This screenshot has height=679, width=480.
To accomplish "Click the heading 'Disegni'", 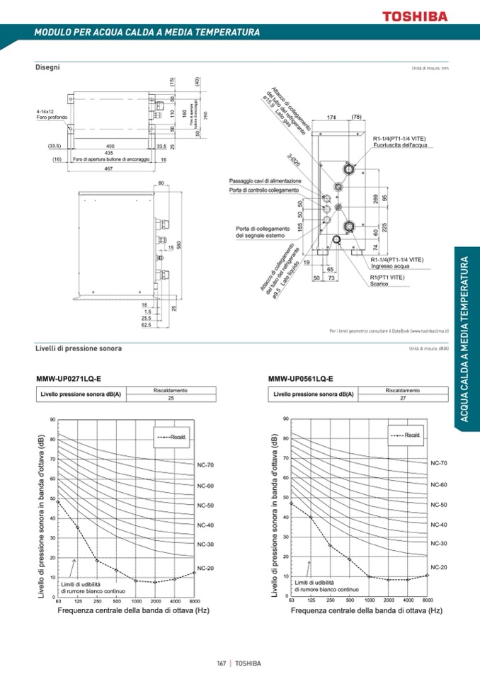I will tap(47, 67).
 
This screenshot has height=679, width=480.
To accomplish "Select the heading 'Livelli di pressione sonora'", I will tap(79, 348).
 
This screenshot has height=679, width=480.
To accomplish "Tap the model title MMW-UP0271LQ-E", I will tap(69, 379).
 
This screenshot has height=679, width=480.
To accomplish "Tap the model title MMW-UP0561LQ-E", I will tap(301, 379).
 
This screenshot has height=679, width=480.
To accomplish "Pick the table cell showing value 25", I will tap(171, 399).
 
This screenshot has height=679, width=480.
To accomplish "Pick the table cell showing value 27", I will tap(402, 399).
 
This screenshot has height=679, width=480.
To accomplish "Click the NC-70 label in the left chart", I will tap(205, 465).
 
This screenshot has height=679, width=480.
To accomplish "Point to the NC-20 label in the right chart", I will tap(439, 567).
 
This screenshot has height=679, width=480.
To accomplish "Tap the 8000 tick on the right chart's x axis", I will tap(428, 600).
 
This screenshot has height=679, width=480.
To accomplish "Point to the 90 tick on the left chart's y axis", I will tap(52, 420).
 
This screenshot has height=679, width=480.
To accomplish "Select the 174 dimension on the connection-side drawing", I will tap(331, 117).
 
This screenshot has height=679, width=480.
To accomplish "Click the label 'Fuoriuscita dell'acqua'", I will tap(399, 145).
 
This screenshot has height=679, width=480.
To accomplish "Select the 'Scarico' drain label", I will tap(378, 284).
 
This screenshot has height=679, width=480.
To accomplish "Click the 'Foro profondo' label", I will tap(51, 117).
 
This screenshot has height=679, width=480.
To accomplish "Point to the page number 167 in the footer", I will tap(222, 663).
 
